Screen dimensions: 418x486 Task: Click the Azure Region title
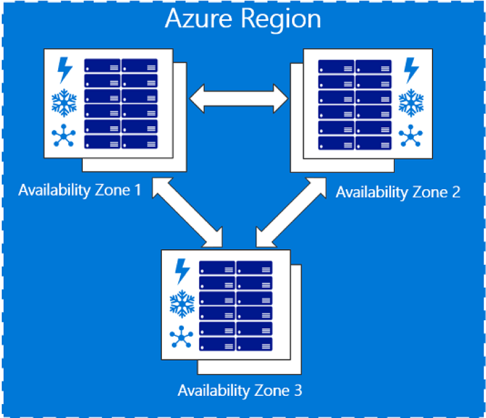243,19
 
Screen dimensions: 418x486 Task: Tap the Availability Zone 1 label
80,190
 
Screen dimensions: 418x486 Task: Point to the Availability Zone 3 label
240,389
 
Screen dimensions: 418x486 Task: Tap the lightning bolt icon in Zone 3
182,271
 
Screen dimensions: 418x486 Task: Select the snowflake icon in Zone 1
64,103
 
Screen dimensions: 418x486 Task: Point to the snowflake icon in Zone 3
182,304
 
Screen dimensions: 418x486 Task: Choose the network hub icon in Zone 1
64,136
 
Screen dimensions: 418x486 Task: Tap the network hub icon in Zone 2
411,136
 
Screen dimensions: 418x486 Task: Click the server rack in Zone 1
121,103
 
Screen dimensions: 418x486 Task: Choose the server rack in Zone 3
236,304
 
